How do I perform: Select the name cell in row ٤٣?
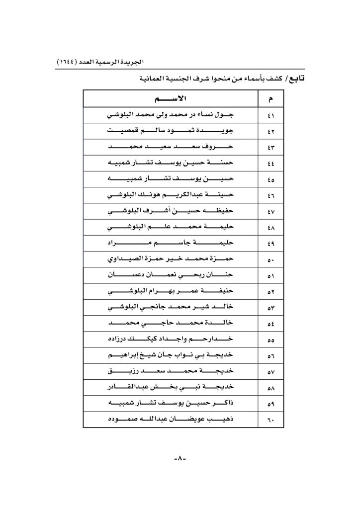[x=171, y=147]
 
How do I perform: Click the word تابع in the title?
[x=295, y=79]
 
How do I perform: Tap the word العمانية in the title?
[x=155, y=79]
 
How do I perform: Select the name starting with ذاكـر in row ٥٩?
[x=171, y=405]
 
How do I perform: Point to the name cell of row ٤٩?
[x=171, y=244]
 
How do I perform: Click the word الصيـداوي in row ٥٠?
[x=124, y=259]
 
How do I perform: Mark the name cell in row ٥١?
[x=171, y=276]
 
